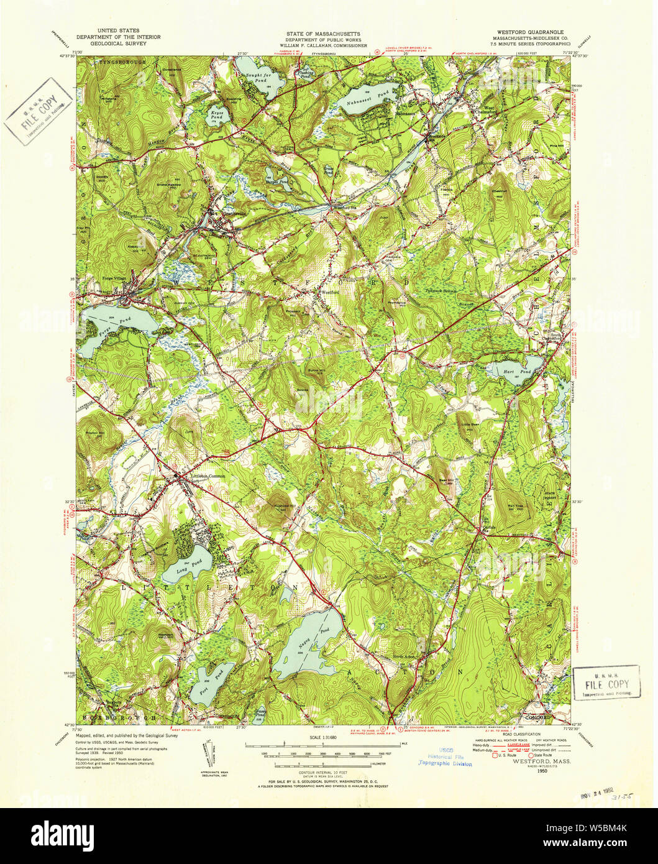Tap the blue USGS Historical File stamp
coord(445,756)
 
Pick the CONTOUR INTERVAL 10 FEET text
coord(323,768)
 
